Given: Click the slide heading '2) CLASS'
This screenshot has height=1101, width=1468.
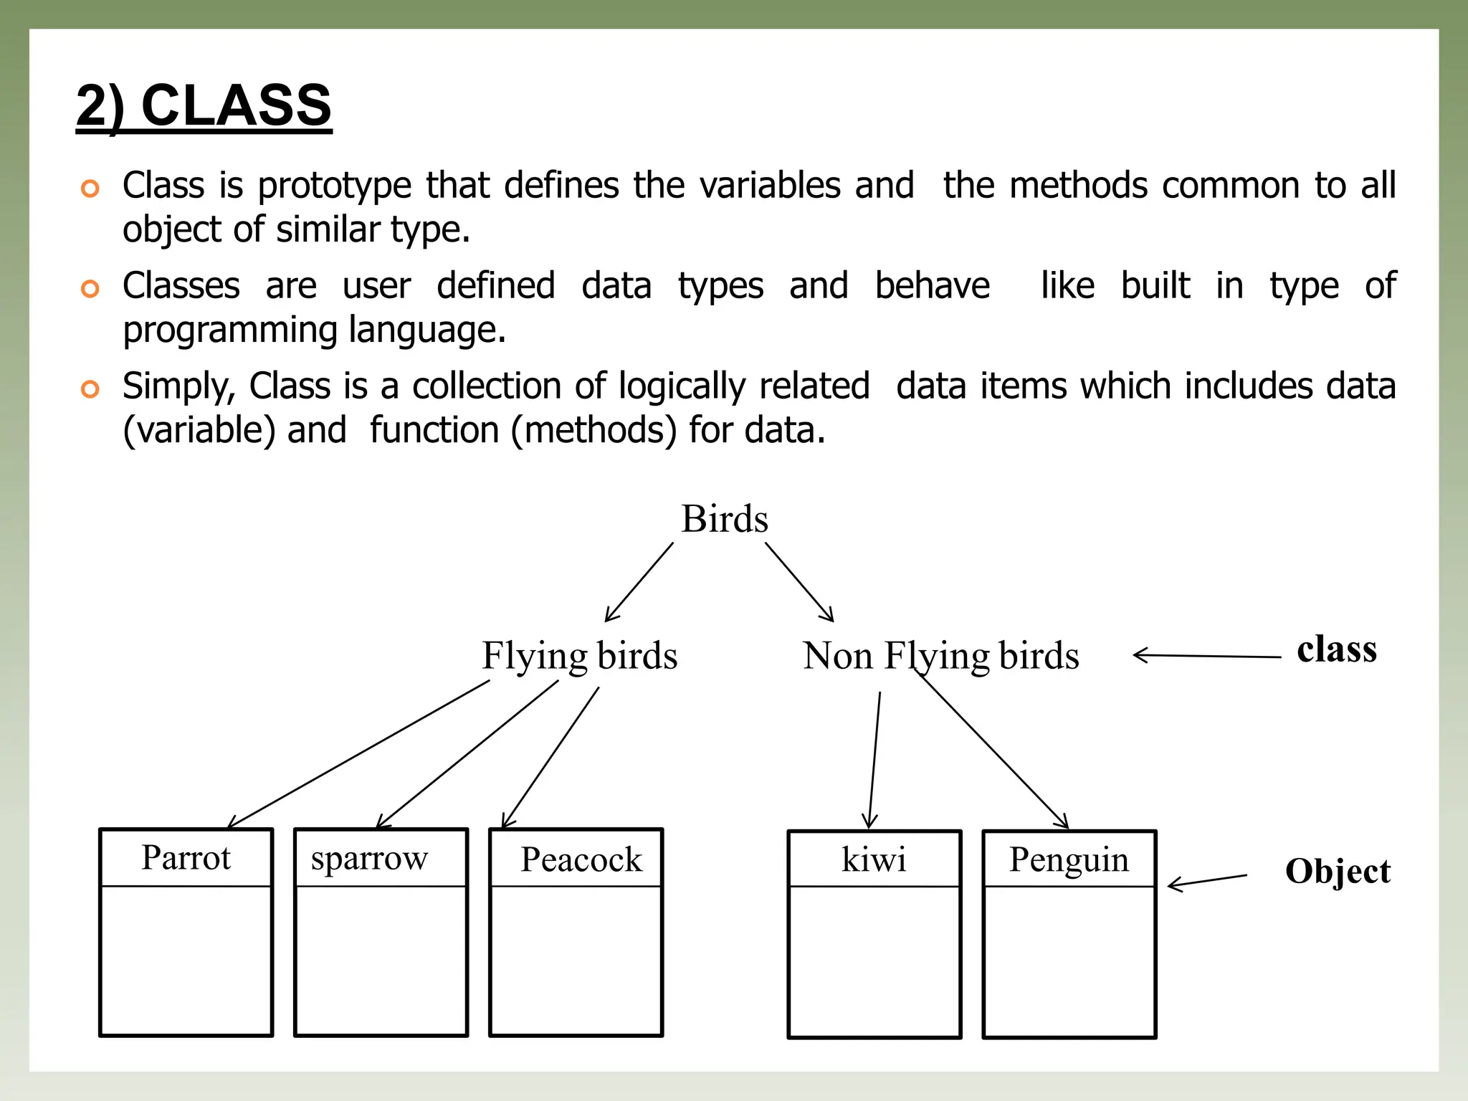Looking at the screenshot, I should point(204,105).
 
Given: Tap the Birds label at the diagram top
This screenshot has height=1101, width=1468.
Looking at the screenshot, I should point(724,518).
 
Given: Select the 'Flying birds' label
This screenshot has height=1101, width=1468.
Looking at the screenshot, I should point(579,655).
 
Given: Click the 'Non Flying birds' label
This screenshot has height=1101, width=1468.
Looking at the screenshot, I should point(940,655).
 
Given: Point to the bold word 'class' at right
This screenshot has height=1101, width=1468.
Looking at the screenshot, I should point(1336,649).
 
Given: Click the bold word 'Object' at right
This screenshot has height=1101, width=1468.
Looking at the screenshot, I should point(1338,872).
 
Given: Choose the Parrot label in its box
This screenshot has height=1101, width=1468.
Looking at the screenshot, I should point(186,857).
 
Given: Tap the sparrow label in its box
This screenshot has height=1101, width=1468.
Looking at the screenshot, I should point(369,858).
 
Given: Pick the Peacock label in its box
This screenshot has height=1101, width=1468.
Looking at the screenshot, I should point(581,859).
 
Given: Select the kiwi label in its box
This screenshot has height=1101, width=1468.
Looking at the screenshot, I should point(874,859).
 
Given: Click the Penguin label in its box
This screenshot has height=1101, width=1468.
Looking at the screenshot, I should point(1069,859).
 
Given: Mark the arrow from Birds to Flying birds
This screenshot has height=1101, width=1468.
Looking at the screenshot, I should point(639,582).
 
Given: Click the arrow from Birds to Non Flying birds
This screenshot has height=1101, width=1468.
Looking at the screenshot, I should point(799,582).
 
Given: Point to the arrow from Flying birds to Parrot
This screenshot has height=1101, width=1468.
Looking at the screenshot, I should point(358,754).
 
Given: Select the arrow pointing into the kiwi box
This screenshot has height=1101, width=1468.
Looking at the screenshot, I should point(874,760).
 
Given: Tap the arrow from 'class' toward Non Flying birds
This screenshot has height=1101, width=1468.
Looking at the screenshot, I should point(1207,656).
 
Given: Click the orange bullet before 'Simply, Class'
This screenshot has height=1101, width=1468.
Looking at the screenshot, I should point(90,389).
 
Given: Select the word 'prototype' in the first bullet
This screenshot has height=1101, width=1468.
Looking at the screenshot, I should point(334,186).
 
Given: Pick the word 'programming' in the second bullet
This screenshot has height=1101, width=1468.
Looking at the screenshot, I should point(229,330).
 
